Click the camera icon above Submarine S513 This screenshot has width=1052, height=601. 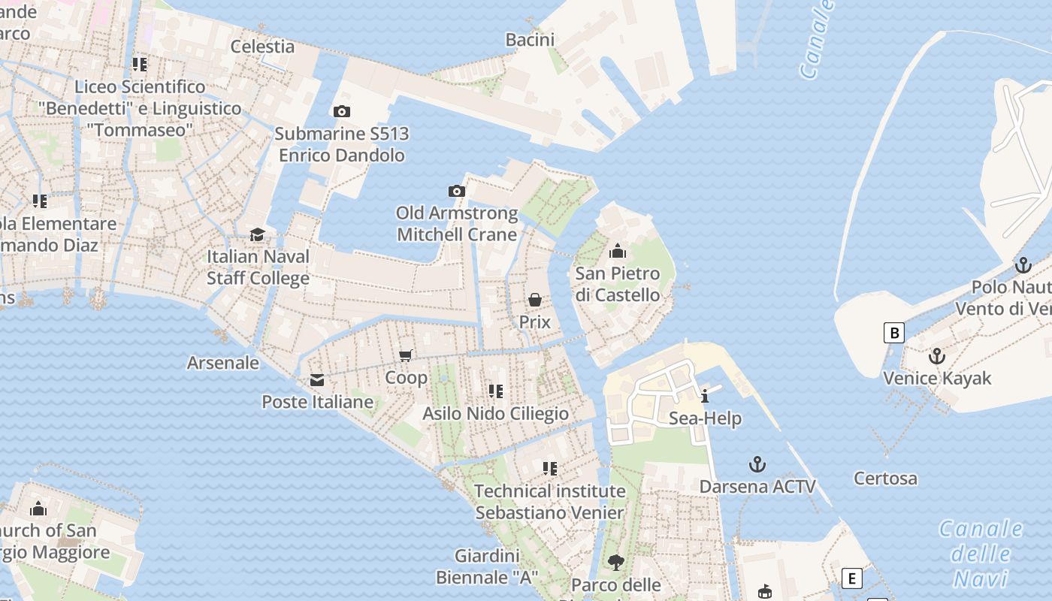coord(341,111)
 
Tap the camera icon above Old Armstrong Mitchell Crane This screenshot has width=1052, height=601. coord(456,191)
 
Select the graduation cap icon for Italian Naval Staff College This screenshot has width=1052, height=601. coord(258,234)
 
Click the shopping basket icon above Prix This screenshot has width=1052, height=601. coord(535,300)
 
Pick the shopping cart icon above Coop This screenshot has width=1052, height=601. coord(406,355)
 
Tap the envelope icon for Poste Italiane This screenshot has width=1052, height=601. coord(317,380)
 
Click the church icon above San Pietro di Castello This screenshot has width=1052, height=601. coord(618,251)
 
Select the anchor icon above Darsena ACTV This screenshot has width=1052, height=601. coord(757,464)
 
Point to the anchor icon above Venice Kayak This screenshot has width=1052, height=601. coord(936,356)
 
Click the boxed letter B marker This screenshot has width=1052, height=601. coord(893,332)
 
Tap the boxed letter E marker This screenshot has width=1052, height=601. coord(851,578)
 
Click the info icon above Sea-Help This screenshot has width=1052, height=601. coord(705,397)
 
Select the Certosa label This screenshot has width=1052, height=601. coord(885,478)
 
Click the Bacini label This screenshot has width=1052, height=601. coord(530,40)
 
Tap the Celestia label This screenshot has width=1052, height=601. coord(262,46)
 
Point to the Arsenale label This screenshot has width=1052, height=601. coord(222,363)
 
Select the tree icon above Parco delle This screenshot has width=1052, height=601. coord(616,562)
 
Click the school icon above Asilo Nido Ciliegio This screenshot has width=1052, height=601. coord(495,391)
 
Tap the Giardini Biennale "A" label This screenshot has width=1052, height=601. coord(487,567)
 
